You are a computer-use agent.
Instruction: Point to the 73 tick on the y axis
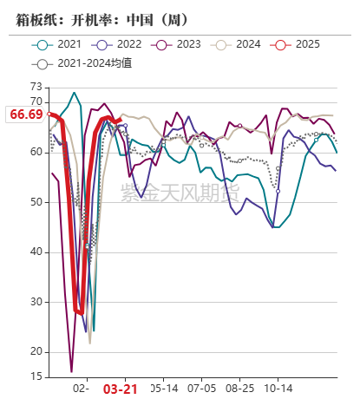pyautogui.click(x=36, y=87)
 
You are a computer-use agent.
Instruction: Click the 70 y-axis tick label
pyautogui.click(x=36, y=101)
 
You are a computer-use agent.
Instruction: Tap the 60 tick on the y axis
pyautogui.click(x=36, y=152)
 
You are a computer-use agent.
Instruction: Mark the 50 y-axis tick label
pyautogui.click(x=36, y=202)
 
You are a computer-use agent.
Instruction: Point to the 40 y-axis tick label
pyautogui.click(x=36, y=252)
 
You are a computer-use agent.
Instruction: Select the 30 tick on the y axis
pyautogui.click(x=36, y=302)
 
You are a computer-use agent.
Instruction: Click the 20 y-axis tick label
pyautogui.click(x=36, y=351)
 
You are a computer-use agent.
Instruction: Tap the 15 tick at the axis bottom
pyautogui.click(x=36, y=376)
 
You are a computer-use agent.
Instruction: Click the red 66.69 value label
pyautogui.click(x=26, y=114)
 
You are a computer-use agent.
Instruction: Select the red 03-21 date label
pyautogui.click(x=121, y=389)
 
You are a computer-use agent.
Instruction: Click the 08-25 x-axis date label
pyautogui.click(x=239, y=389)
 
